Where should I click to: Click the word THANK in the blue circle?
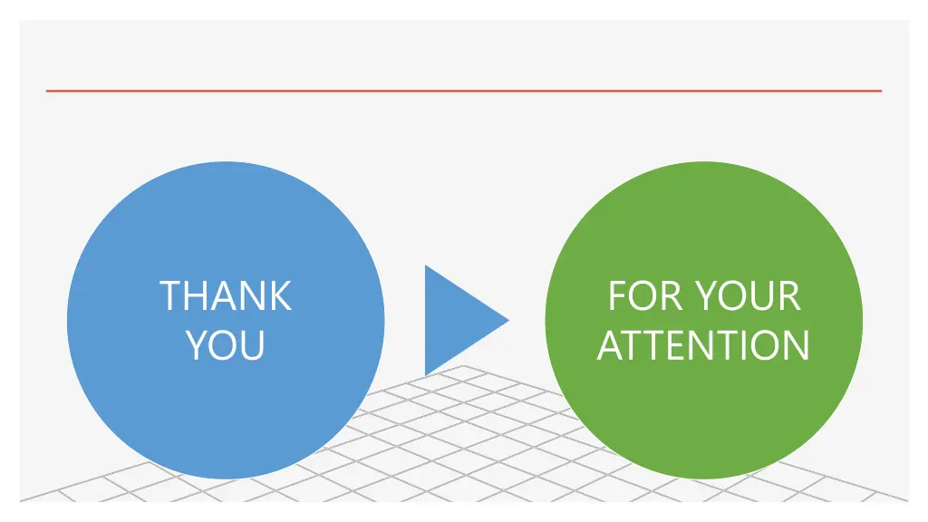coord(226,296)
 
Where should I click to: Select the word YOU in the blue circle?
coord(226,345)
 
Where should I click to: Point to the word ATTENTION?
coord(703,345)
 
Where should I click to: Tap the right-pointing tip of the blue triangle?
coord(507,319)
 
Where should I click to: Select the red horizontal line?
coord(464,91)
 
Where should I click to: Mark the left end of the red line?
coord(47,91)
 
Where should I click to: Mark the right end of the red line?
coord(880,91)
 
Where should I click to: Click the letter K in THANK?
coord(280,296)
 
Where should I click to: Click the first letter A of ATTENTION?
coord(611,345)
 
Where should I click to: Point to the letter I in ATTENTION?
coord(745,345)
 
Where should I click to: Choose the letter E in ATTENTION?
coord(682,345)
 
